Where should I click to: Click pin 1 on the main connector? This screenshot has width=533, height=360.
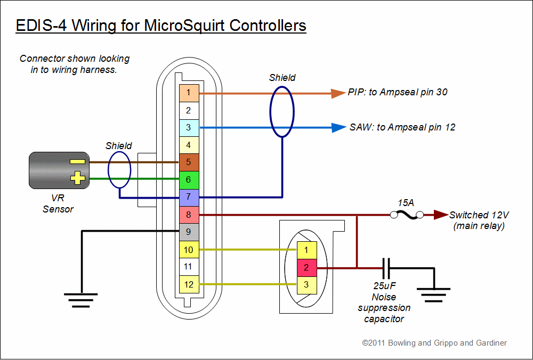click(x=189, y=93)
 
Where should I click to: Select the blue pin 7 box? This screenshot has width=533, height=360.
click(x=189, y=198)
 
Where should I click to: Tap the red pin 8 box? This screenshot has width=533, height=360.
click(x=189, y=215)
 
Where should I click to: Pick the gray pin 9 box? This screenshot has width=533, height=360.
click(x=189, y=232)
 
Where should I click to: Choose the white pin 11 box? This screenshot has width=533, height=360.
click(x=189, y=266)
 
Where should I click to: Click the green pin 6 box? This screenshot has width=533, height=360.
click(x=189, y=180)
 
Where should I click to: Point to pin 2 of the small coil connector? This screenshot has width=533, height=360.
click(x=306, y=267)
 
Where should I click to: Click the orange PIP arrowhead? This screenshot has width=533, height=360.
click(x=338, y=93)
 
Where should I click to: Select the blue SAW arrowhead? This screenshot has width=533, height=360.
click(x=338, y=128)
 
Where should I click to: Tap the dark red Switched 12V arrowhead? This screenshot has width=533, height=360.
click(x=440, y=215)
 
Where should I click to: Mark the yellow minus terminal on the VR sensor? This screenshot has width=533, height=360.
click(x=77, y=161)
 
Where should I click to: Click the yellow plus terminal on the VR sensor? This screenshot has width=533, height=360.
click(x=78, y=178)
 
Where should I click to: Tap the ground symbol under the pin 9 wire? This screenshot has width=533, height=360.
click(x=81, y=300)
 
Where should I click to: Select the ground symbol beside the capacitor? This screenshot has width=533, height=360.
click(x=434, y=294)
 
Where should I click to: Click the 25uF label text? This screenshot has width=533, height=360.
click(x=384, y=287)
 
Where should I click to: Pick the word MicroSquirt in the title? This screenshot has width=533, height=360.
click(x=177, y=25)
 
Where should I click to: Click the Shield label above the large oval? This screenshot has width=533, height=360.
click(x=282, y=77)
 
